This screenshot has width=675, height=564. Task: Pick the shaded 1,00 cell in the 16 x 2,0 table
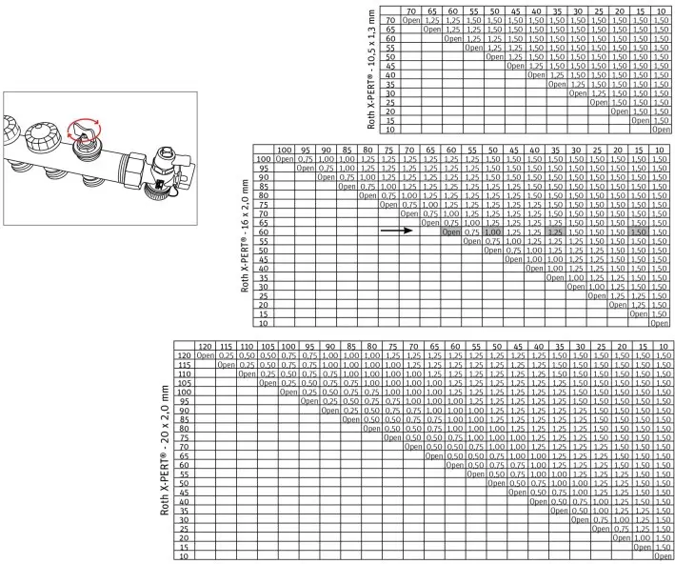(x=492, y=232)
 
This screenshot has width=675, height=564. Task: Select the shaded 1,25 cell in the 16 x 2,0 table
(x=556, y=232)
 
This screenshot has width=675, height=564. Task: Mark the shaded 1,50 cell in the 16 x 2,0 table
(x=640, y=232)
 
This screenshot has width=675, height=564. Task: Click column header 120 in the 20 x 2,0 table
(x=204, y=344)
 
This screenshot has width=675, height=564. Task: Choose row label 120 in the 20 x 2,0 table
(x=183, y=353)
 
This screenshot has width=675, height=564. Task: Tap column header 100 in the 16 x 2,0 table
(x=284, y=151)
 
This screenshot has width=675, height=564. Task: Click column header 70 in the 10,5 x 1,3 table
(x=411, y=10)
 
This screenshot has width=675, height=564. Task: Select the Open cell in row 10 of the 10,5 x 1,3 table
(x=662, y=129)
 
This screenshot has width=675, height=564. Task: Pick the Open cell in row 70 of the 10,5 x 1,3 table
(x=411, y=20)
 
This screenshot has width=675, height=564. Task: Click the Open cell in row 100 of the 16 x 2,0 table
(x=284, y=159)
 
